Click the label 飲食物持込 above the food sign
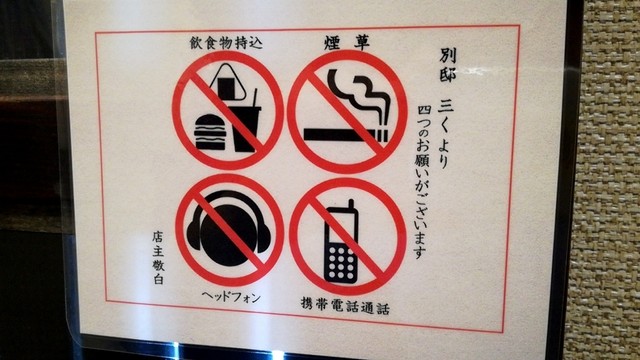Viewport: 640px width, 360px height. tap(226, 43)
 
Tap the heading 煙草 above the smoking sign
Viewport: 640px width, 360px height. tap(347, 43)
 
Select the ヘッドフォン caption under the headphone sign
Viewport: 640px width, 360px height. tap(231, 297)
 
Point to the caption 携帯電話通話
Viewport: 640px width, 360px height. tap(345, 306)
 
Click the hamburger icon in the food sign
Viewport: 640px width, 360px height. tap(210, 132)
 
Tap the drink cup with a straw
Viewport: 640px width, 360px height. tap(247, 127)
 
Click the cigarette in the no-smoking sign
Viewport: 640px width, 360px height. tap(345, 135)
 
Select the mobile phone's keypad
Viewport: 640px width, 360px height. tap(341, 262)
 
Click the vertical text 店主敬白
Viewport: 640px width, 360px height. tap(158, 258)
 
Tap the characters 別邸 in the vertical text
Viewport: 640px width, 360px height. tap(448, 65)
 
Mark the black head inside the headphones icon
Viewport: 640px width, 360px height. tap(229, 235)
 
